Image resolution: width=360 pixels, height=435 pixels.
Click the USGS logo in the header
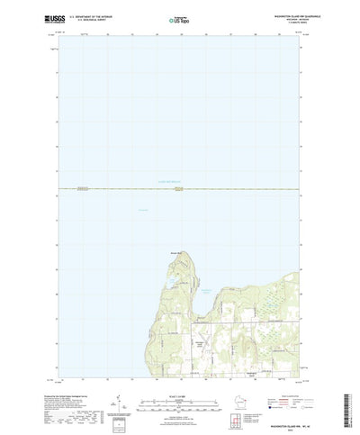[x=39, y=17]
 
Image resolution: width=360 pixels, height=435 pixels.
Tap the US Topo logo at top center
[x=178, y=18]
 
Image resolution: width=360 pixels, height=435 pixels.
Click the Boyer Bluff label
[x=177, y=252]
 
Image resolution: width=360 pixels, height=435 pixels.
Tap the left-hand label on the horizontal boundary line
[x=83, y=188]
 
